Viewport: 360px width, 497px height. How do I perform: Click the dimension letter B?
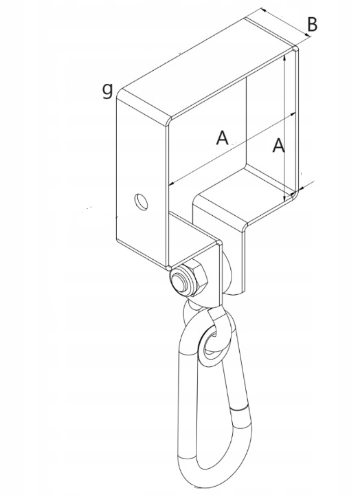click(x=312, y=25)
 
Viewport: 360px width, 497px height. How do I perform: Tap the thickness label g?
click(x=108, y=90)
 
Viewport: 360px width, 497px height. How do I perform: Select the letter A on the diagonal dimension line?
click(x=222, y=137)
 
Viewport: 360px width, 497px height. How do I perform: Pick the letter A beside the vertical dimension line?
click(x=278, y=145)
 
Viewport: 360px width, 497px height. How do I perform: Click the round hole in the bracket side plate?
click(x=141, y=201)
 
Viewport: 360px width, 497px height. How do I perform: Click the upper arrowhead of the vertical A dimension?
click(x=285, y=57)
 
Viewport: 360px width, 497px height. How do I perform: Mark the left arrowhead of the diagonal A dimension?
click(x=172, y=184)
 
